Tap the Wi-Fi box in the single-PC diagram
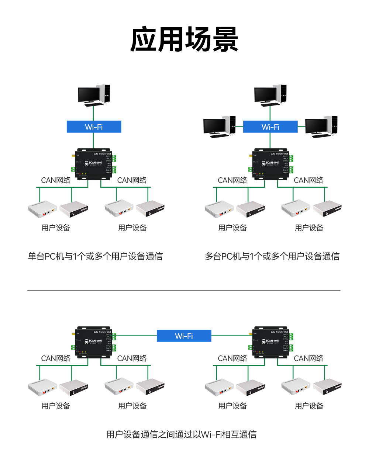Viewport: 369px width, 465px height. coord(94,127)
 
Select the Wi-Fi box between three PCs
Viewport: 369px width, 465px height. coord(270,127)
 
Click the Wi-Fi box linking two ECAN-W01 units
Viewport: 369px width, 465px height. coord(184,336)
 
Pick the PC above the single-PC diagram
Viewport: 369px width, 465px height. coord(94,95)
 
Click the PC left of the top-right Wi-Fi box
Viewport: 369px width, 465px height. coord(219,127)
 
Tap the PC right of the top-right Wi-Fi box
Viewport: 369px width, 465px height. coord(321,127)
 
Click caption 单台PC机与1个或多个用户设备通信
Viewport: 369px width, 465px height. coord(95,256)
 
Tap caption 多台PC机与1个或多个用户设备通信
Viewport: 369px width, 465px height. coord(272,256)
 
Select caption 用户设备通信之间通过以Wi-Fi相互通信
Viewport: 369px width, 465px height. coord(181,434)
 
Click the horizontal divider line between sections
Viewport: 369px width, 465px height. coord(183,290)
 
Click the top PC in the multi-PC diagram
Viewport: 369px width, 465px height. coord(270,95)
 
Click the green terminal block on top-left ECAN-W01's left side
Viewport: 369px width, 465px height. coord(73,169)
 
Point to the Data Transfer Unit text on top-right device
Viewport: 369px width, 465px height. coord(279,154)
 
